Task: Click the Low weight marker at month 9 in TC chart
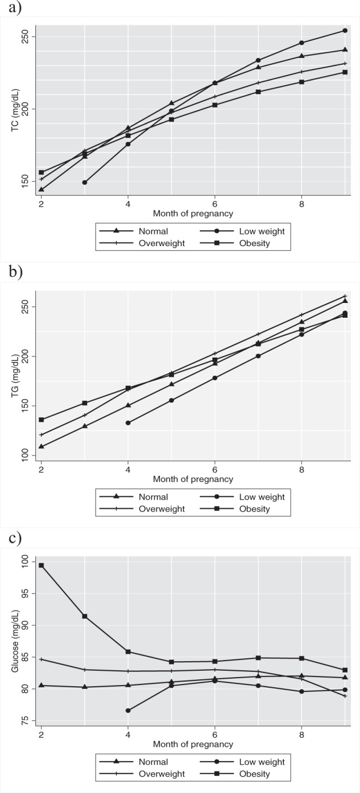(x=345, y=31)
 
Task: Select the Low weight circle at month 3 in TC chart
(x=85, y=182)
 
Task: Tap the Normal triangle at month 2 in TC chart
(x=42, y=189)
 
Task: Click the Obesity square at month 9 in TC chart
(x=345, y=72)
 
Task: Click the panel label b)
(x=10, y=272)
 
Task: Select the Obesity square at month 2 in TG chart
(x=42, y=420)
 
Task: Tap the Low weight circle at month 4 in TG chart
(x=128, y=423)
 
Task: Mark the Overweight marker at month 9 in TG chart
(x=345, y=296)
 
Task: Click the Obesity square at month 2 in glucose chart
(x=42, y=565)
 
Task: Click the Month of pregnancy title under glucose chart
(x=193, y=744)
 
